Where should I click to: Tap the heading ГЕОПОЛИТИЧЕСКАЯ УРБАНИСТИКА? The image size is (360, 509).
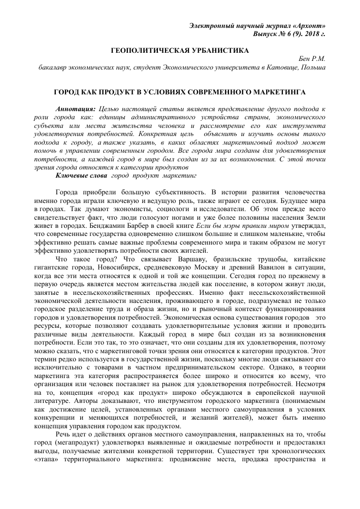pos(180,51)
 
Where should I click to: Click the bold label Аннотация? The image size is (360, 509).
pos(77,109)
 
